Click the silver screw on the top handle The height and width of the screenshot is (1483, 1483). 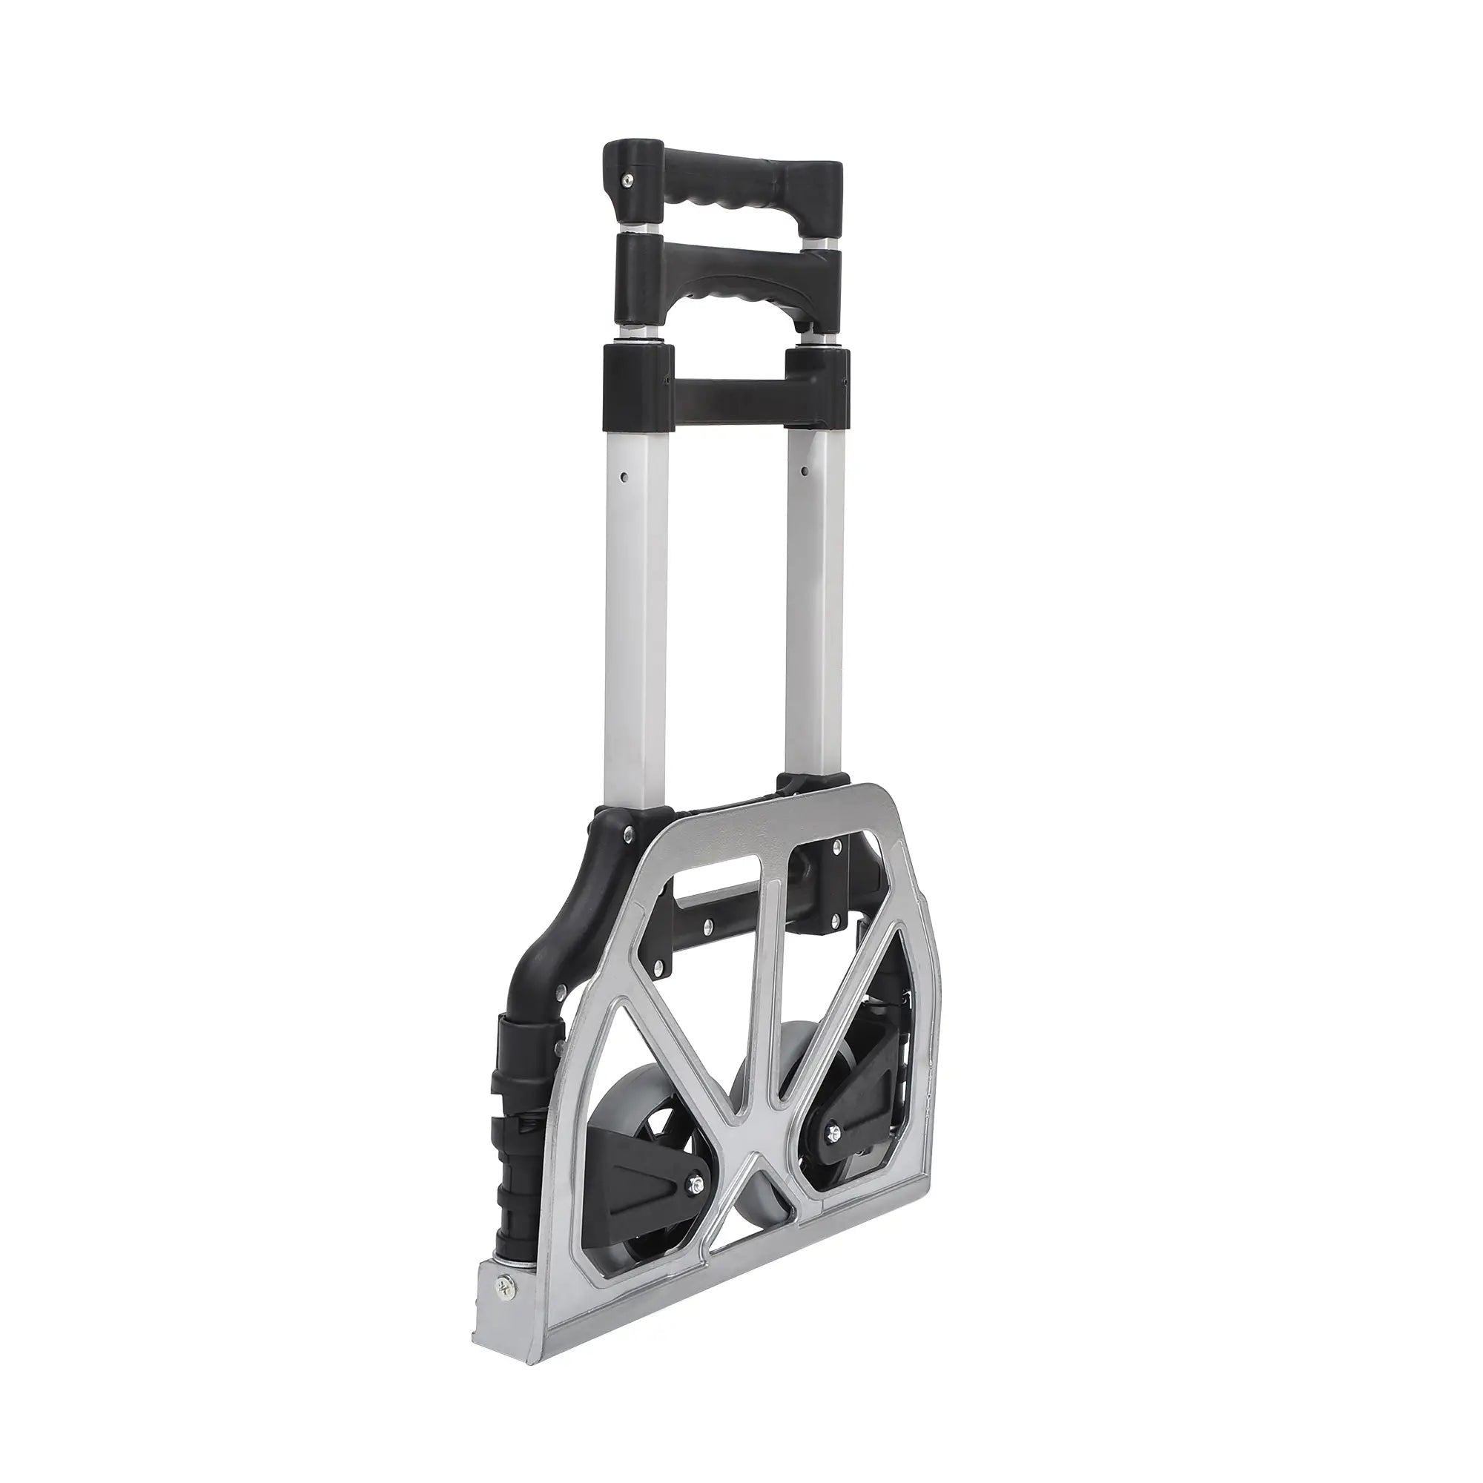coord(629,179)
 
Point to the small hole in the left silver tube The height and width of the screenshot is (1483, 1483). coord(627,477)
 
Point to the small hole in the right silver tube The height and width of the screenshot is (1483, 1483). coord(805,466)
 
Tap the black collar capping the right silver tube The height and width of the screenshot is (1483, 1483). coord(817,389)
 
